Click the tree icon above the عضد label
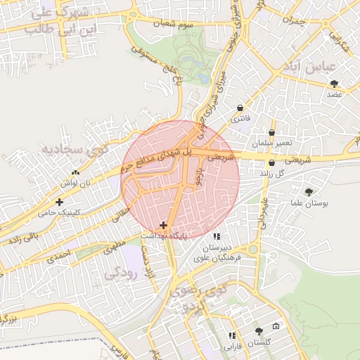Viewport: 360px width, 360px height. pyautogui.click(x=333, y=84)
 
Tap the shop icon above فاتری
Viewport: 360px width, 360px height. pyautogui.click(x=241, y=108)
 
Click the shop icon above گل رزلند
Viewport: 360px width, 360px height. pyautogui.click(x=271, y=162)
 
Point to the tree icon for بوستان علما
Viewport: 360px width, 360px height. pyautogui.click(x=309, y=192)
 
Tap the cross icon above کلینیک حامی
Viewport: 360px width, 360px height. pyautogui.click(x=68, y=202)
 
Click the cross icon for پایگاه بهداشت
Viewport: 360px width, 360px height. pyautogui.click(x=164, y=226)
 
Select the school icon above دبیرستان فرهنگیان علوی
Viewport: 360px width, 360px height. pyautogui.click(x=217, y=236)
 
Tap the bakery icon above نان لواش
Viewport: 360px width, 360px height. pyautogui.click(x=75, y=173)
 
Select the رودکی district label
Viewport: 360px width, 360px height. pyautogui.click(x=119, y=271)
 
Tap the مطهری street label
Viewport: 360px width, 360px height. pyautogui.click(x=115, y=247)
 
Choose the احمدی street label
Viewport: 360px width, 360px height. pyautogui.click(x=59, y=255)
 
